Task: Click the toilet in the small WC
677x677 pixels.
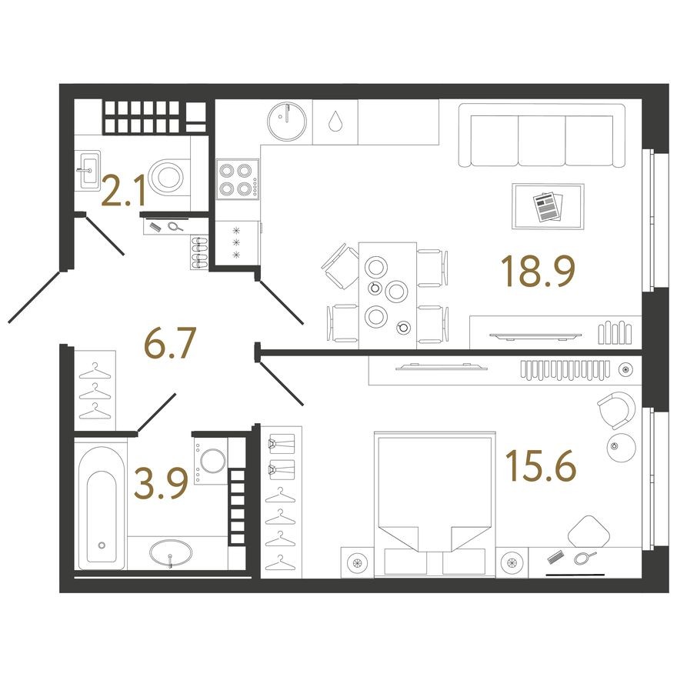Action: pos(168,177)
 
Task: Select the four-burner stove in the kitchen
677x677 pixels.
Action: pos(236,178)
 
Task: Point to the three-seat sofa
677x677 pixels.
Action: pos(541,136)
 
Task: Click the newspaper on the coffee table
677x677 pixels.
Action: pos(547,205)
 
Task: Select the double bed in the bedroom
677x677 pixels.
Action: pos(434,501)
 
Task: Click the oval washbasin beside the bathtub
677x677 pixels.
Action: pos(171,552)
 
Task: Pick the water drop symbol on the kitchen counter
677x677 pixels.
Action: pos(335,122)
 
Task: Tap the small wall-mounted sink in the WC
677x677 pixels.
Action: pos(88,165)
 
